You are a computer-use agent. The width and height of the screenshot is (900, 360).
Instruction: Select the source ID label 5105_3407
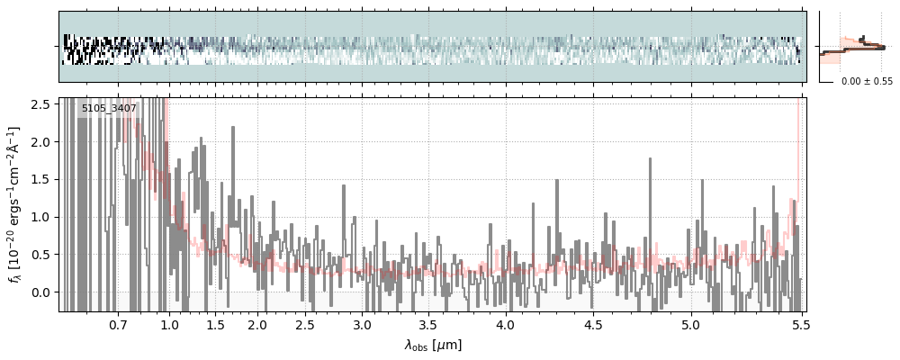pyautogui.click(x=109, y=109)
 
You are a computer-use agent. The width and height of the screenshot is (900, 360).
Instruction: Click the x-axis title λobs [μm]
pyautogui.click(x=433, y=345)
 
